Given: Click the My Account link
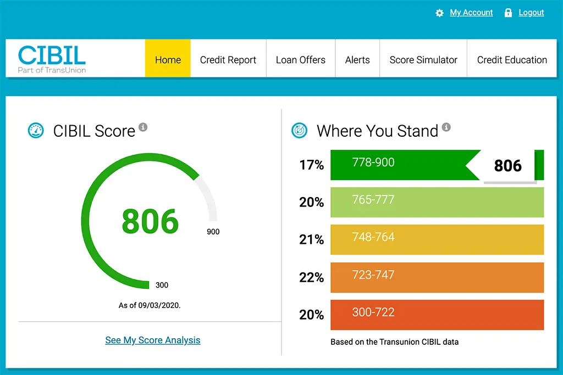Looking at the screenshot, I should tap(471, 13).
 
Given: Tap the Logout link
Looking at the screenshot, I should tap(531, 13).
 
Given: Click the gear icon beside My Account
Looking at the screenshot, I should tap(439, 13).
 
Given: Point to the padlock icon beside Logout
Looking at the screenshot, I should tap(508, 13).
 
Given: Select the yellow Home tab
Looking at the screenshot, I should tap(168, 60).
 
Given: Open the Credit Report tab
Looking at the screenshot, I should tap(228, 60).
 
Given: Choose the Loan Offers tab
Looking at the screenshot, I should tap(301, 60).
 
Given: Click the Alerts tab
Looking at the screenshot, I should tap(357, 60).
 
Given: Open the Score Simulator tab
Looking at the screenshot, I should tap(423, 60).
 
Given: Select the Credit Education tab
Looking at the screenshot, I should tap(512, 60).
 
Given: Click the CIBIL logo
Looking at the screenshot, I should tap(52, 58).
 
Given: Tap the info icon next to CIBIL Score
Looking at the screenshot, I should tap(143, 127).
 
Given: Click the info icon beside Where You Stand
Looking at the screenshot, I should tap(446, 127).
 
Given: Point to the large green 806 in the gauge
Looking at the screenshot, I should tap(150, 221).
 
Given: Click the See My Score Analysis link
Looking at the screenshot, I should tap(153, 340).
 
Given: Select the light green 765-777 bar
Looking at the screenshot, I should tap(437, 202).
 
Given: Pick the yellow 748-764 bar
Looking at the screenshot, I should tap(437, 239).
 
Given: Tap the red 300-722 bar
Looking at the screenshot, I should tap(437, 315).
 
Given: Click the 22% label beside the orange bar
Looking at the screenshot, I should tap(311, 277).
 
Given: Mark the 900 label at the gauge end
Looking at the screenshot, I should tap(213, 232).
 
